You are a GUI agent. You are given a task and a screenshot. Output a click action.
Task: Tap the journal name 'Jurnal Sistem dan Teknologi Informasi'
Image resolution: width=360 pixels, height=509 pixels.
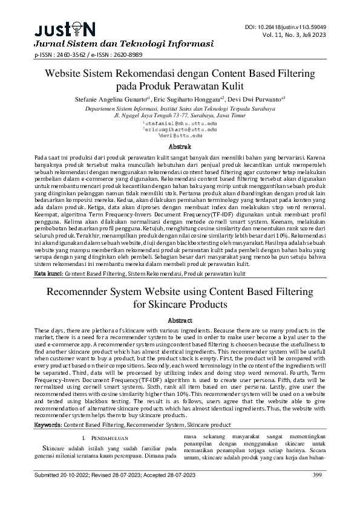(123, 44)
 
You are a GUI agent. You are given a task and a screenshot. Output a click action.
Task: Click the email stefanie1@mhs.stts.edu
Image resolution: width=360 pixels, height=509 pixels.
(181, 123)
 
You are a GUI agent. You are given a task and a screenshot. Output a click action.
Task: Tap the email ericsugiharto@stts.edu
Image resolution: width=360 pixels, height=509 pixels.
(181, 129)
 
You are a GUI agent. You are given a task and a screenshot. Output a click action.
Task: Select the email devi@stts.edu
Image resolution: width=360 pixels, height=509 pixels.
(181, 136)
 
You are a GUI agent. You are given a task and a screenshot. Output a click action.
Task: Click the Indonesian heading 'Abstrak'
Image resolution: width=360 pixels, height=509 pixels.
(180, 147)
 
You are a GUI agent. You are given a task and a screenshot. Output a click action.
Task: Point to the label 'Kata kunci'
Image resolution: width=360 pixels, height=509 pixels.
(48, 274)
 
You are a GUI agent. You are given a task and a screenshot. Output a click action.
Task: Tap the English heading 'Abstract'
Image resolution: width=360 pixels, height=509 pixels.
(180, 320)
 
